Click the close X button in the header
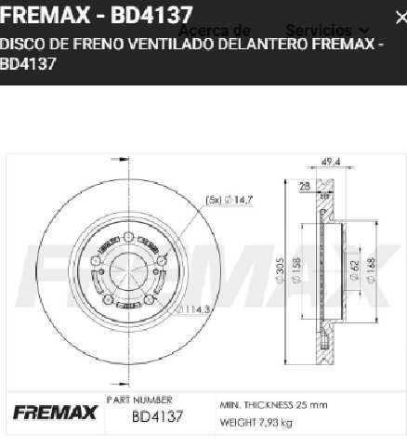400,17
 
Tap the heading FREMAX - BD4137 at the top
97,15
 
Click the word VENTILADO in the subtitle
180,44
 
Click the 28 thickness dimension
304,186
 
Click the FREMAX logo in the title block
53,412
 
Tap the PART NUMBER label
139,400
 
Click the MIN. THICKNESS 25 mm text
273,405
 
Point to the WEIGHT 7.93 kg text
255,423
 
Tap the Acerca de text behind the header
216,31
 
